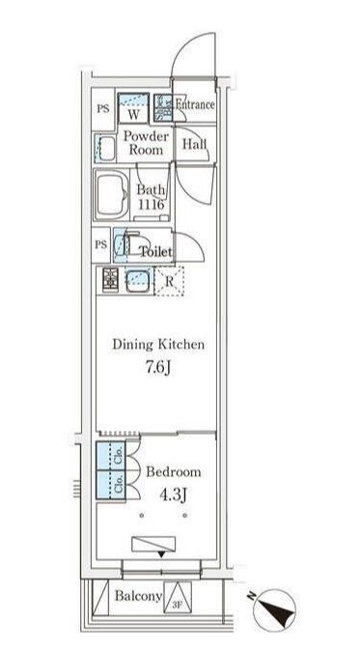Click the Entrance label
[195, 104]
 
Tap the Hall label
[195, 145]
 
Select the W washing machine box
[133, 108]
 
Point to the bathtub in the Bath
[112, 195]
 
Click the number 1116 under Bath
[151, 204]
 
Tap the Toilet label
[156, 251]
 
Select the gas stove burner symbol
[110, 280]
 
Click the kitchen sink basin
[137, 281]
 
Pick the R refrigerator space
[169, 281]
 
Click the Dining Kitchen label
[159, 344]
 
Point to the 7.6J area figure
[159, 368]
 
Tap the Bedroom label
[174, 472]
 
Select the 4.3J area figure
[173, 495]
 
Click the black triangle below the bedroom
[161, 555]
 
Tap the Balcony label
[138, 597]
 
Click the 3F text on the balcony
[178, 607]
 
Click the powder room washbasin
[105, 148]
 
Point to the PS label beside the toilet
[101, 244]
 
